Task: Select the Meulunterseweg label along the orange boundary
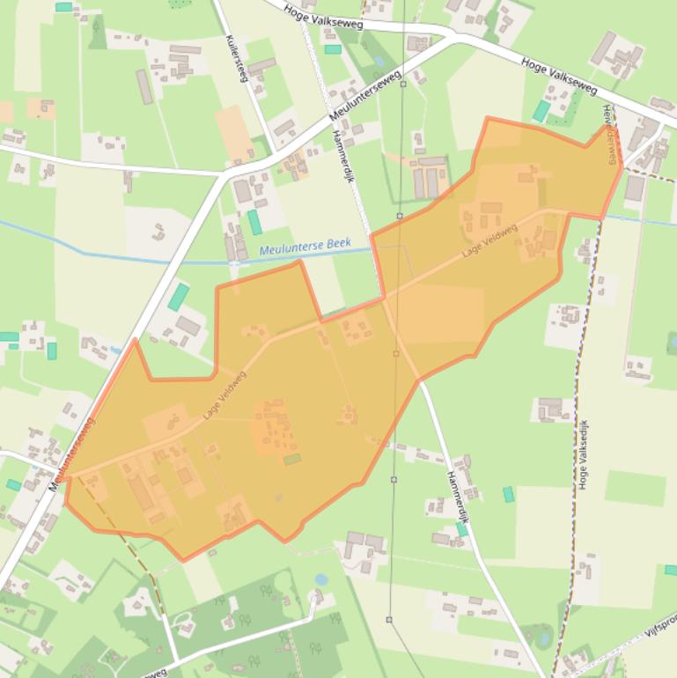[72, 453]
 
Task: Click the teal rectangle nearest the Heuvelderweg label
[541, 111]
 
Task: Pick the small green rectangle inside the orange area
[291, 459]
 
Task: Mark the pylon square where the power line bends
[399, 216]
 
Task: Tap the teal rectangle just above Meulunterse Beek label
[254, 222]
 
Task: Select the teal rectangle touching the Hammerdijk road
[461, 529]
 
